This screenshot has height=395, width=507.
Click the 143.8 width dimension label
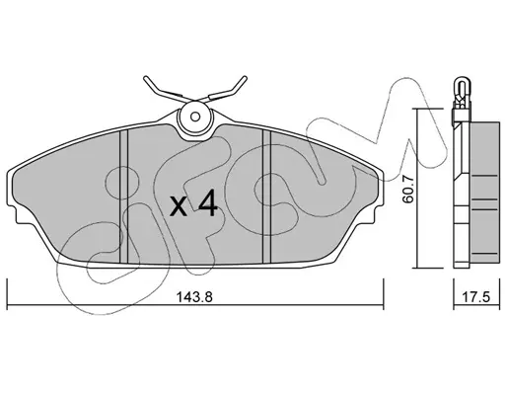[x=195, y=297]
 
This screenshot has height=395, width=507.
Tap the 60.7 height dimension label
[x=408, y=189]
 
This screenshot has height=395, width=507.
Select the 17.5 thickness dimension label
[x=476, y=297]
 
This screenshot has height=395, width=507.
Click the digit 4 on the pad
[x=208, y=203]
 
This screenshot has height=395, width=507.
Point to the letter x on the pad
[x=179, y=207]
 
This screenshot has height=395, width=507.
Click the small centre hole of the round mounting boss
[x=195, y=117]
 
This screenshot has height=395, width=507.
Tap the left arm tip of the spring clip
[x=146, y=78]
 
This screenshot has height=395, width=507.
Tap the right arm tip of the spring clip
[x=245, y=78]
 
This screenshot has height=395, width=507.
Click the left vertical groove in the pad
[x=123, y=197]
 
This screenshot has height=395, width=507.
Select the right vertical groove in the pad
[x=266, y=197]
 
